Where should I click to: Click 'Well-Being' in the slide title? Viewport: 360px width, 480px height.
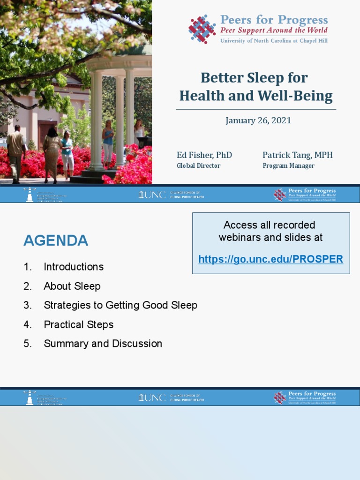[295, 96]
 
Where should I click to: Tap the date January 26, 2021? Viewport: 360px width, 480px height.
[258, 120]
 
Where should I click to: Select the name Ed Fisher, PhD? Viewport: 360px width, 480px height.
[204, 155]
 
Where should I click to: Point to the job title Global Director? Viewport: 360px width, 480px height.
[198, 165]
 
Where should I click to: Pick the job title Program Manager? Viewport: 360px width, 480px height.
[288, 165]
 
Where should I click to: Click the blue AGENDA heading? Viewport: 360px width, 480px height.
[56, 240]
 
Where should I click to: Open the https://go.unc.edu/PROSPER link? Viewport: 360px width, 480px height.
[270, 259]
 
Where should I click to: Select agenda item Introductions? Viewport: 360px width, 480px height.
[74, 267]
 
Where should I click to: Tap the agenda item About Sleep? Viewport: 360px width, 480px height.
[72, 286]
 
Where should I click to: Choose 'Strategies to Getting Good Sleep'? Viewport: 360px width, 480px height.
[120, 305]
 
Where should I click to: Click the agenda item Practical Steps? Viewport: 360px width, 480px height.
[78, 324]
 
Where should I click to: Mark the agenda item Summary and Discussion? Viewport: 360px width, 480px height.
[103, 344]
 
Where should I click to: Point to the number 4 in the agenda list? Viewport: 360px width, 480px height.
[28, 324]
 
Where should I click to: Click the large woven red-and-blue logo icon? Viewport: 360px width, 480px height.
[202, 29]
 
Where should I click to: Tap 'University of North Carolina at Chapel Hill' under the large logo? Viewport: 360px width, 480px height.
[274, 41]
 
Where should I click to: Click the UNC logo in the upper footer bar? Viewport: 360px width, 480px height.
[152, 195]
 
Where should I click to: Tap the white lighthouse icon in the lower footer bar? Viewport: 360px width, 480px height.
[30, 397]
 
